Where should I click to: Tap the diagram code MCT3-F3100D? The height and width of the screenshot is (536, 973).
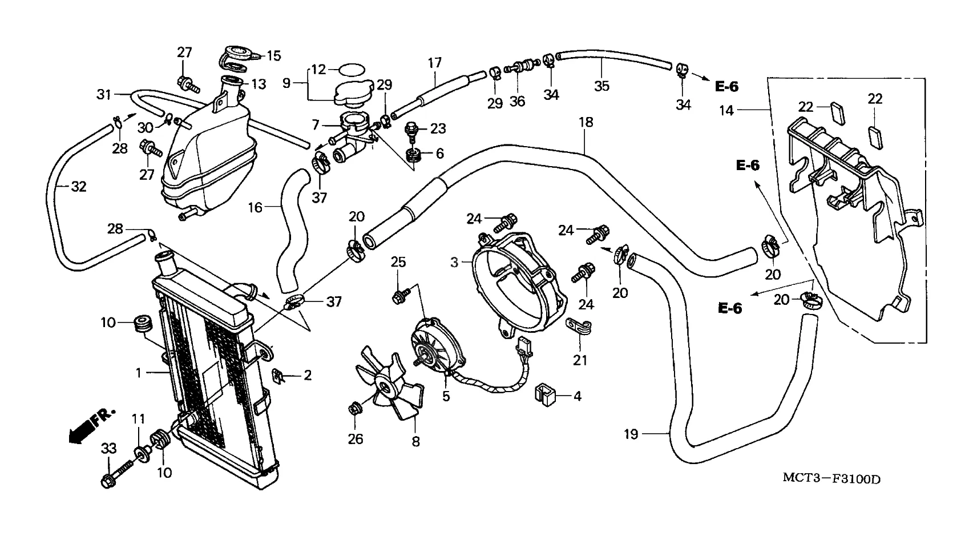coord(830,478)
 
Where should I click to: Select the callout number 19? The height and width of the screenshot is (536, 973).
coord(631,434)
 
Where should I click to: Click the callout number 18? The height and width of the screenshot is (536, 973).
coord(586,122)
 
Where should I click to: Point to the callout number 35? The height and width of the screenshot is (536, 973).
coord(601,86)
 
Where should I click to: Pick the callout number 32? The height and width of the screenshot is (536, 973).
coord(78,186)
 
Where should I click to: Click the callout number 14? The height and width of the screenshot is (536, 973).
coord(726,110)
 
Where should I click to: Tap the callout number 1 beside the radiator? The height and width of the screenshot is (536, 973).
coord(138,373)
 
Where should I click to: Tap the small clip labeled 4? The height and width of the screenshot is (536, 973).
coord(546,394)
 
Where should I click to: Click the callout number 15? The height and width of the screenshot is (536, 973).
coord(274,55)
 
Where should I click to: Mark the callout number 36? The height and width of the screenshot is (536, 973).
coord(517,101)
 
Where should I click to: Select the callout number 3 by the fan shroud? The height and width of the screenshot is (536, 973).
coord(454,263)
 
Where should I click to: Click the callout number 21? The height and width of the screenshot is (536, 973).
coord(580,360)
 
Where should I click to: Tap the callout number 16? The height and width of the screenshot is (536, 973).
coord(255,207)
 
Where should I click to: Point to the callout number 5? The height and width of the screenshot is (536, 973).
coord(446,396)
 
